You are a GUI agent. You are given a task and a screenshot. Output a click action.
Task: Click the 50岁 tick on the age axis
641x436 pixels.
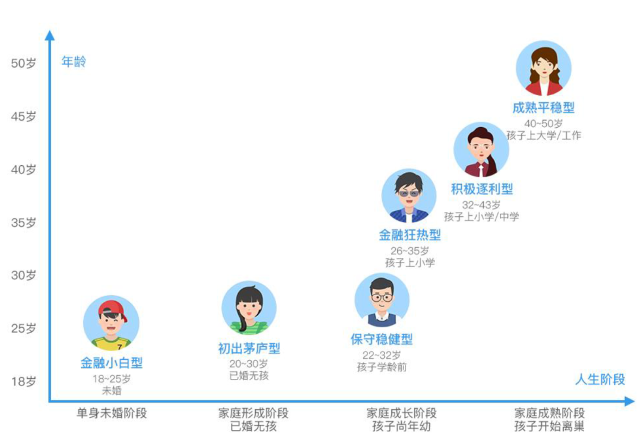[24, 64]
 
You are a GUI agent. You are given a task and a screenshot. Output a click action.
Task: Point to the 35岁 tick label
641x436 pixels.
[24, 223]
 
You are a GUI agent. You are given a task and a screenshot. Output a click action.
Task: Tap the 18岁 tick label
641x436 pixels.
[24, 381]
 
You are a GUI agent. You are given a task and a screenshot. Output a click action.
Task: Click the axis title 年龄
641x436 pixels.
[74, 62]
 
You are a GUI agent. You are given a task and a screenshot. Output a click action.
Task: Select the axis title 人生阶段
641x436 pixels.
[600, 380]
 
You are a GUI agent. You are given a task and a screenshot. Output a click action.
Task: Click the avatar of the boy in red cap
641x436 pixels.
[111, 324]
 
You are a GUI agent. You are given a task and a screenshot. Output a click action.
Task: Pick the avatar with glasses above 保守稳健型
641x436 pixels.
[382, 301]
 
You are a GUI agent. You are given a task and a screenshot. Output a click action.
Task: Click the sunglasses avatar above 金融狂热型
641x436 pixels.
[408, 196]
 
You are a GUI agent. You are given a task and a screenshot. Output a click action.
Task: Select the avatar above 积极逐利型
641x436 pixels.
[481, 150]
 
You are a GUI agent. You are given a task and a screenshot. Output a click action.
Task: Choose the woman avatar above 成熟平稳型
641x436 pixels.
[544, 68]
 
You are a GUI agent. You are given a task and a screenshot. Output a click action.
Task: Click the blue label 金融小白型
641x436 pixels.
[112, 362]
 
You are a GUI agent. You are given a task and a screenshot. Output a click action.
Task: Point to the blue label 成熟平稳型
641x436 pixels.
[544, 108]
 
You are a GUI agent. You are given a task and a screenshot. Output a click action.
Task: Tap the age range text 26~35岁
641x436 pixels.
[410, 251]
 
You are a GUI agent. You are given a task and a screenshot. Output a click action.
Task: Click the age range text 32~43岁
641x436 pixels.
[481, 205]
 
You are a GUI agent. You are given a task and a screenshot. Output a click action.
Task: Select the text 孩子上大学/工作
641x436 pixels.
[544, 135]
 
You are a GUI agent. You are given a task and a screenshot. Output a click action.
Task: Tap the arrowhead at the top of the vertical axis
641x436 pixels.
[50, 34]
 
